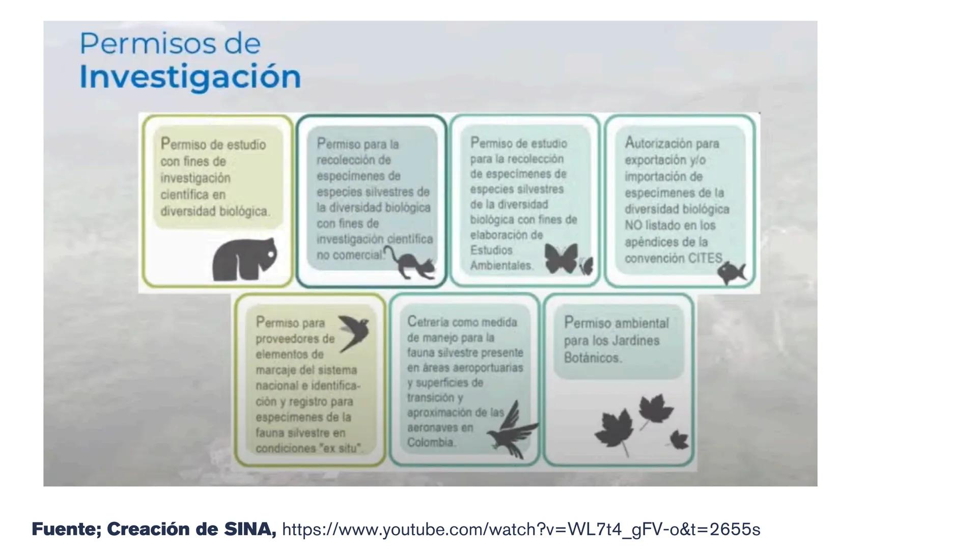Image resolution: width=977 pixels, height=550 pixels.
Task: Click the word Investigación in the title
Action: tap(190, 77)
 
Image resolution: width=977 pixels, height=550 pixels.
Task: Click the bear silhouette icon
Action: tap(244, 259)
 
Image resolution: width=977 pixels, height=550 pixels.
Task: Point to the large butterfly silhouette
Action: tap(561, 258)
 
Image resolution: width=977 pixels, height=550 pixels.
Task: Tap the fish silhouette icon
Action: tap(731, 272)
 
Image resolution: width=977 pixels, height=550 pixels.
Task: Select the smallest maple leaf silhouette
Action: tap(678, 439)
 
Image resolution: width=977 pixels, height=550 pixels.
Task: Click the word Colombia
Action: tap(431, 442)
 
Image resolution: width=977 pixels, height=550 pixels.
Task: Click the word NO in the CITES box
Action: tap(633, 225)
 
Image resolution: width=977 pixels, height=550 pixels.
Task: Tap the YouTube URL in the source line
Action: tap(521, 530)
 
